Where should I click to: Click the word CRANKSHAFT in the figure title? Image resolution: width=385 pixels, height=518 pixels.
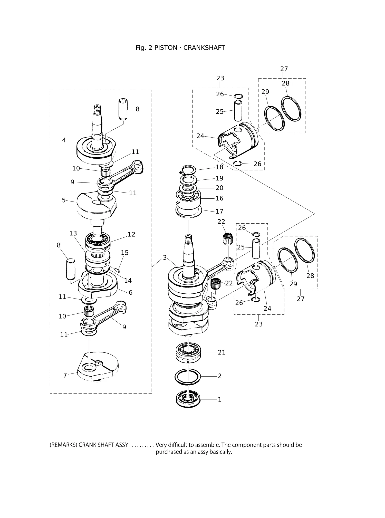point(204,48)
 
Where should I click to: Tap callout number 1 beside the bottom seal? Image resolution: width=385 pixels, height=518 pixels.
point(220,399)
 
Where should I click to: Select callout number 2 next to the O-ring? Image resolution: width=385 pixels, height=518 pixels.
point(220,376)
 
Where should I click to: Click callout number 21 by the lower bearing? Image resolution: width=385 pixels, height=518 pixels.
point(222,352)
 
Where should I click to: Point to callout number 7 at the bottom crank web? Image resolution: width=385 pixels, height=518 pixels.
point(65,375)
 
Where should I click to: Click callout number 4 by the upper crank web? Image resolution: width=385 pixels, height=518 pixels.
point(64,140)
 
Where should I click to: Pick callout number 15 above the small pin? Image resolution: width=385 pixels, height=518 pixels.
point(125,253)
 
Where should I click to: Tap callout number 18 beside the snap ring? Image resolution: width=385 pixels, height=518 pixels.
point(219,167)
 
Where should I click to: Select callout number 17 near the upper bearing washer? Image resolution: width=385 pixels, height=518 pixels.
point(219,211)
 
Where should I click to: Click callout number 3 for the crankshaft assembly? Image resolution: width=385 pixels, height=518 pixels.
point(165,257)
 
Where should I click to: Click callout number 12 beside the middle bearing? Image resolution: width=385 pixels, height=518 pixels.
point(131,234)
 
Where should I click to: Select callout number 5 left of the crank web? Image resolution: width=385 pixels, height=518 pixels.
point(64,200)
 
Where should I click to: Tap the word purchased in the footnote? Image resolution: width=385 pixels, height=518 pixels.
point(169,452)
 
